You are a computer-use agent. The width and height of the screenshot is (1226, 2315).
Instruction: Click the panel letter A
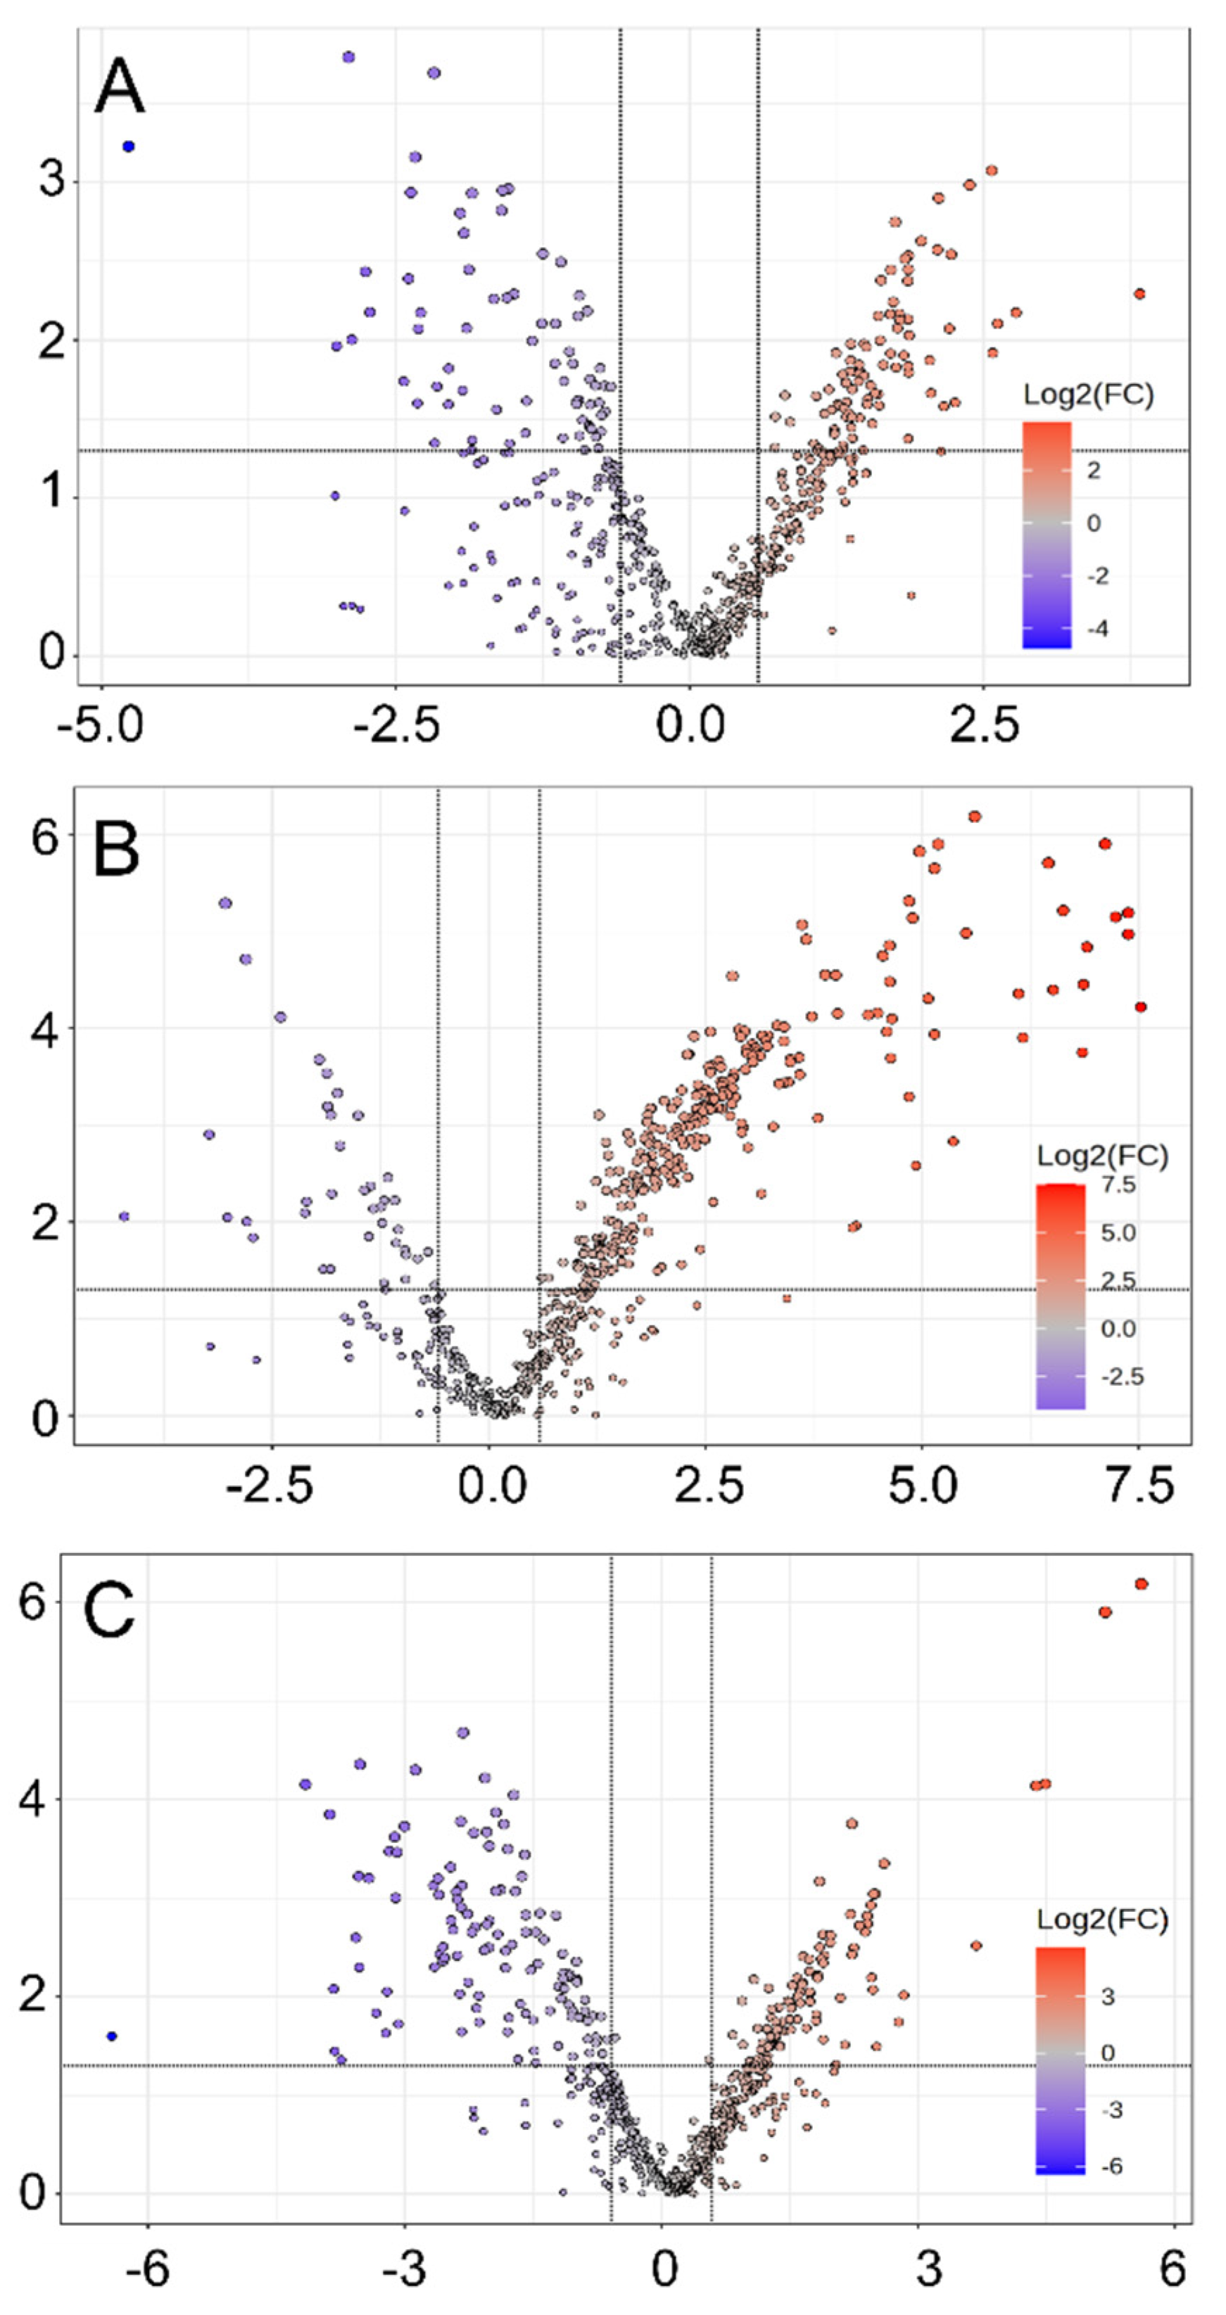coord(120,87)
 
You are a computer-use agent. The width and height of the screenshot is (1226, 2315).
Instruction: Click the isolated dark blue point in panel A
coord(129,146)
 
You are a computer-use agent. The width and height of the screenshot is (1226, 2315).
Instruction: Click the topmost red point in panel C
coord(1142,1583)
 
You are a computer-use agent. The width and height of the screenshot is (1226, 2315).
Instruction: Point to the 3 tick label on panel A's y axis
coord(52,181)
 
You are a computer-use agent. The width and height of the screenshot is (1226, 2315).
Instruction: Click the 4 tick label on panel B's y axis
coord(45,1029)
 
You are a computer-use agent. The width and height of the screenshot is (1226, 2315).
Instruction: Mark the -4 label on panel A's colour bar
coord(1097,628)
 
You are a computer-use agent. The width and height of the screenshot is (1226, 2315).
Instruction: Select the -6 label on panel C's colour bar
coord(1112,2166)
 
